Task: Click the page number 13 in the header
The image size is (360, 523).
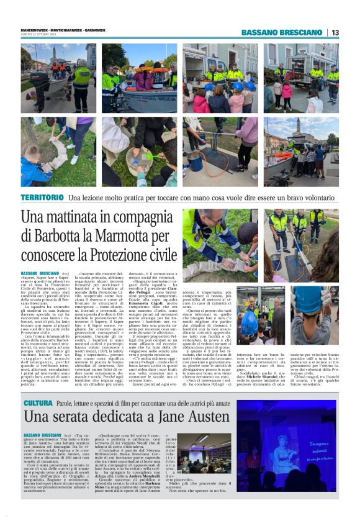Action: click(x=335, y=32)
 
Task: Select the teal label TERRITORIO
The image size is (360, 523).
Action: click(x=42, y=197)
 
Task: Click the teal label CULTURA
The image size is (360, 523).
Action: click(x=37, y=404)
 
